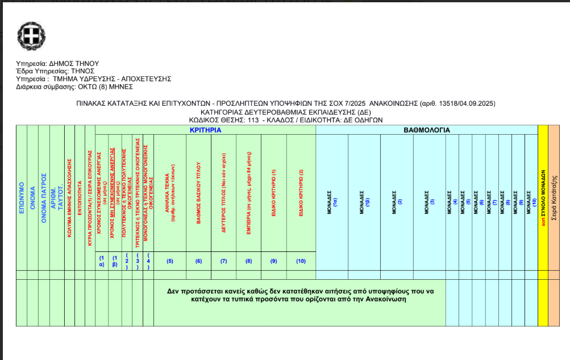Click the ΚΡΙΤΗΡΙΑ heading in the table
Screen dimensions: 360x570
point(205,130)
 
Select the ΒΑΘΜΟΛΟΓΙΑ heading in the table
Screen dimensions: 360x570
point(427,130)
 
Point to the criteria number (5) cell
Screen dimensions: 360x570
point(169,261)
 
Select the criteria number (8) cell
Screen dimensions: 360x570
point(248,261)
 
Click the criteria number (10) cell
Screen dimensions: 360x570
point(301,261)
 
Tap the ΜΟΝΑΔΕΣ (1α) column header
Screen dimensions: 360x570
point(332,202)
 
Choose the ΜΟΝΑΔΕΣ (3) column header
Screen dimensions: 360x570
point(428,202)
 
